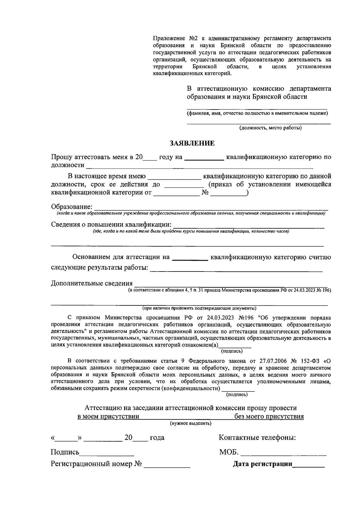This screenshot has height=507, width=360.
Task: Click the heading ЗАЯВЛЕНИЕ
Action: point(192,143)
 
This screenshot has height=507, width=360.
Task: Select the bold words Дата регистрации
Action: point(262,464)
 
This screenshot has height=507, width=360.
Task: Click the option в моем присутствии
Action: point(108,416)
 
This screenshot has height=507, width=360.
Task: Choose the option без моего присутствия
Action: point(269,416)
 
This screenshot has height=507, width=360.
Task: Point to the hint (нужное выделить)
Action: point(190,423)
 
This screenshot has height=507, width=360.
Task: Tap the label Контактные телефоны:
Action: point(257,437)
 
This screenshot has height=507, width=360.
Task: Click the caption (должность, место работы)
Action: point(270,128)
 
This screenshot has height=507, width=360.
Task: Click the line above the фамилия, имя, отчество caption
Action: point(257,109)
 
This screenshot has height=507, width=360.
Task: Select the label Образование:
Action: point(72,207)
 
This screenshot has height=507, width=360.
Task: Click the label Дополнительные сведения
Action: point(92,283)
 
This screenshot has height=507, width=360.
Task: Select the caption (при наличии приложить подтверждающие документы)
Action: point(199,308)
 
